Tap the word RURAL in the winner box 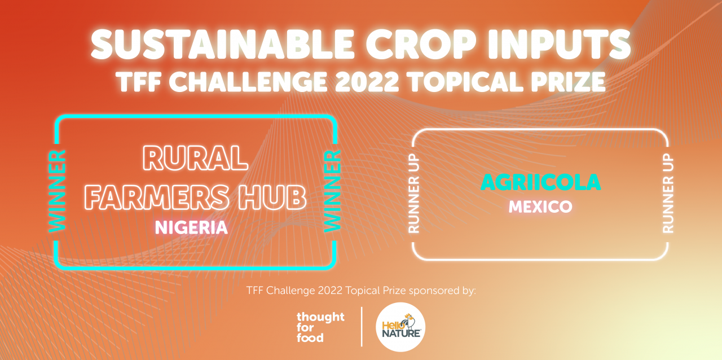click(196, 159)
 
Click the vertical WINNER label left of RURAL click(58, 191)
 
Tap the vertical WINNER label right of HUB click(332, 191)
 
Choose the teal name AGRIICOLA click(540, 182)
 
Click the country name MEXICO click(540, 207)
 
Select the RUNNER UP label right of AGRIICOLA click(668, 195)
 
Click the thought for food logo click(320, 327)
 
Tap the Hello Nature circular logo click(400, 327)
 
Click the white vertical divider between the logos click(361, 327)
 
